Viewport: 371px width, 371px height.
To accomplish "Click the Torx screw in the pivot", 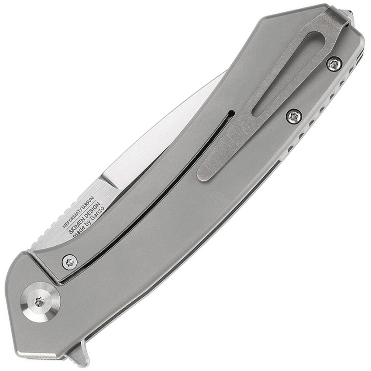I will pos(40,301).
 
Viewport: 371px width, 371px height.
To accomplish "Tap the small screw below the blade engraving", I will pos(69,262).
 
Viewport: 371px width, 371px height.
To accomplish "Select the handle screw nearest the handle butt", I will pos(334,64).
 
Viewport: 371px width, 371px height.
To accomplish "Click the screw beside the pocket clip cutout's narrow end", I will pos(294,116).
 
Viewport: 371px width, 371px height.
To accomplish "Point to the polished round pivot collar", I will pos(40,301).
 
